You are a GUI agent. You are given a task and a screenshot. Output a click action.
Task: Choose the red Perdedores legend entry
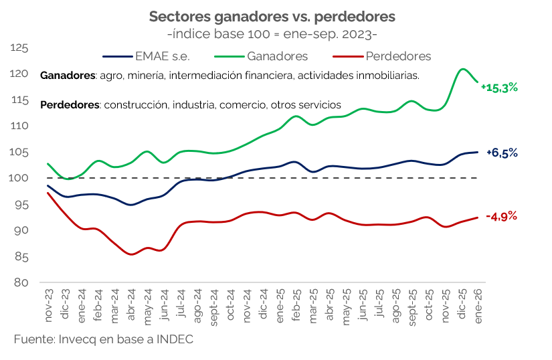[397, 56]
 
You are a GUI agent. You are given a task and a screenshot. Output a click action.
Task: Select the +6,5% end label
[502, 153]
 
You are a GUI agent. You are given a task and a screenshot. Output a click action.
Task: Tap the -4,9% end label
[502, 216]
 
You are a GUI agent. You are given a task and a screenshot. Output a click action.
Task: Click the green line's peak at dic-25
[462, 69]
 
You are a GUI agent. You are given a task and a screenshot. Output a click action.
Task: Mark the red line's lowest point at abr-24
[131, 254]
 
